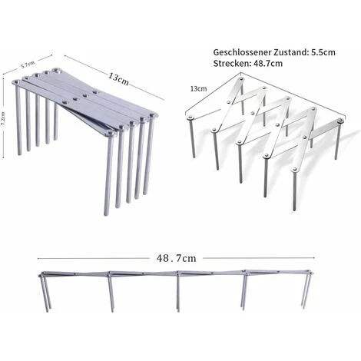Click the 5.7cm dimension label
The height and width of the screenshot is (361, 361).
click(x=28, y=65)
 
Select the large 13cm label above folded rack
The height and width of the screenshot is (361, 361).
click(x=118, y=79)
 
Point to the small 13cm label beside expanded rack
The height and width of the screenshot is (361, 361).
click(x=198, y=89)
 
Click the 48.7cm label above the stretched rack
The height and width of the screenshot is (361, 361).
click(x=177, y=258)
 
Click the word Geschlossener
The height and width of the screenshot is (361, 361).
click(x=242, y=52)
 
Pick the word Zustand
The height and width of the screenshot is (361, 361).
click(x=290, y=52)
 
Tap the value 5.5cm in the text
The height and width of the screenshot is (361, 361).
click(x=323, y=52)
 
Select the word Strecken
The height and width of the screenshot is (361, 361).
click(x=231, y=63)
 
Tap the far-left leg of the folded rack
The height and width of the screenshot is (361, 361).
click(x=18, y=119)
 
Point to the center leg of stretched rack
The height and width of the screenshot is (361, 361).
click(x=178, y=293)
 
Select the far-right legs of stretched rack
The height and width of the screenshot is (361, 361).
click(x=306, y=290)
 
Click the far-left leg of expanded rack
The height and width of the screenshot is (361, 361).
click(x=192, y=137)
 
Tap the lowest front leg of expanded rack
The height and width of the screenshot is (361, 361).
click(x=294, y=190)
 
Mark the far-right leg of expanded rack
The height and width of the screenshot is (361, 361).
click(x=338, y=141)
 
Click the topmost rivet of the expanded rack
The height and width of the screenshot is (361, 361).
click(x=240, y=78)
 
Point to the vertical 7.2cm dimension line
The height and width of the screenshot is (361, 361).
click(x=3, y=118)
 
